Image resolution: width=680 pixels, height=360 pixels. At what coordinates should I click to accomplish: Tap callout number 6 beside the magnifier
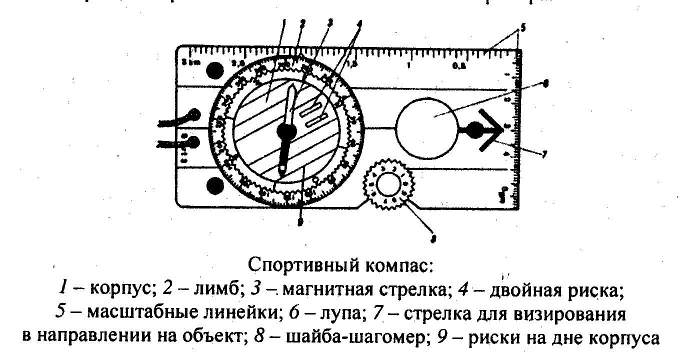click(x=546, y=85)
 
